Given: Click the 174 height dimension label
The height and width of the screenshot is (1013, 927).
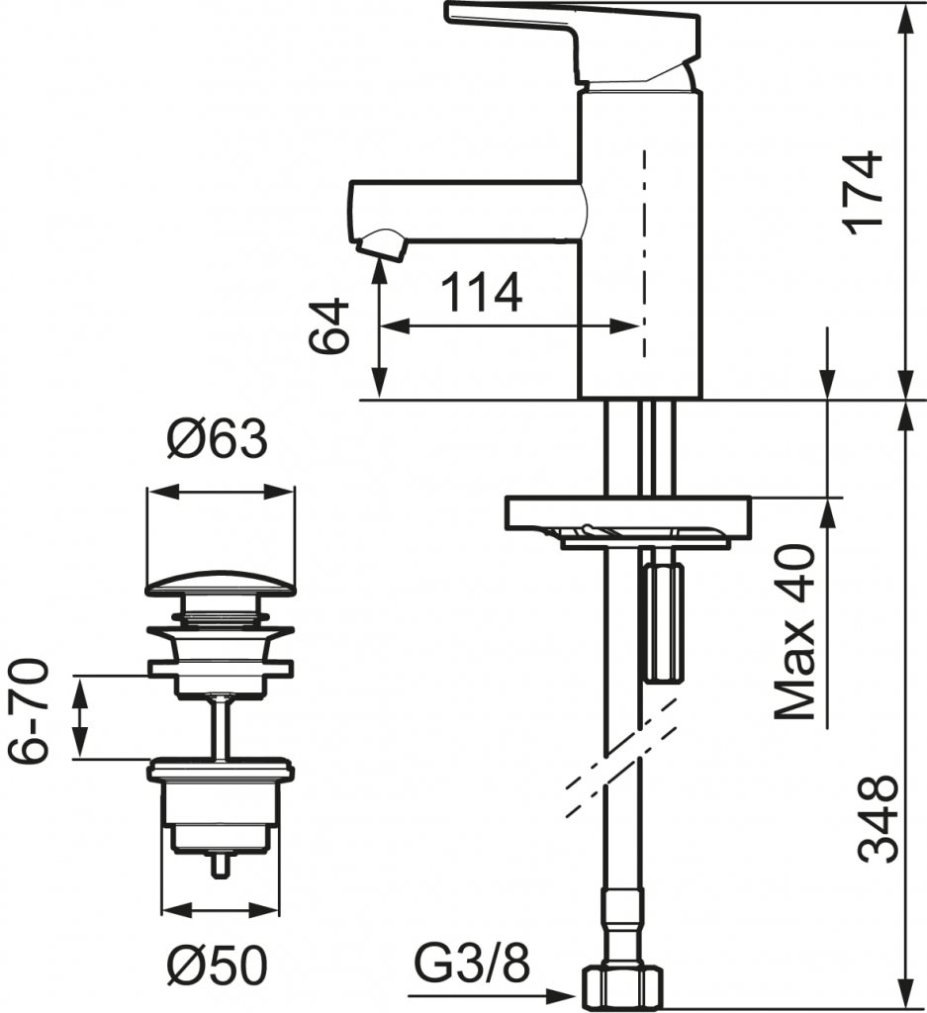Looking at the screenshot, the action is [864, 193].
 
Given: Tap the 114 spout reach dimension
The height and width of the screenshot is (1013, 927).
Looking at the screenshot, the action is [481, 292].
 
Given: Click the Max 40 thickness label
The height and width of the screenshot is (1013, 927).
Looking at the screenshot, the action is [794, 632].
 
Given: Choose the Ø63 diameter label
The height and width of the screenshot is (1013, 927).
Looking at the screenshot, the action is [217, 438].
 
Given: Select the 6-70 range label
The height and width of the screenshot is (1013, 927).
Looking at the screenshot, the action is [29, 710].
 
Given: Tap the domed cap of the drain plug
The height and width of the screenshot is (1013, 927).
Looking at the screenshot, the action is [221, 582].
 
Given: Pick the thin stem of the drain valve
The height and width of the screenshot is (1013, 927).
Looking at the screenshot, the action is [222, 727].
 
